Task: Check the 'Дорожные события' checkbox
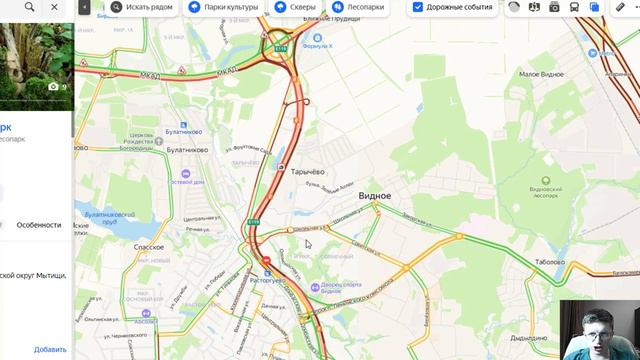(x=418, y=7)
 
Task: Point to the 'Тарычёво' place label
(x=307, y=171)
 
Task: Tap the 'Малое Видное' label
(x=543, y=74)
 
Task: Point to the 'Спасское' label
(x=148, y=246)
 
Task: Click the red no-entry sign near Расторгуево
(x=267, y=262)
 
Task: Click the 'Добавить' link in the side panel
(x=50, y=349)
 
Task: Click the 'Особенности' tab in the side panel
(x=38, y=225)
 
